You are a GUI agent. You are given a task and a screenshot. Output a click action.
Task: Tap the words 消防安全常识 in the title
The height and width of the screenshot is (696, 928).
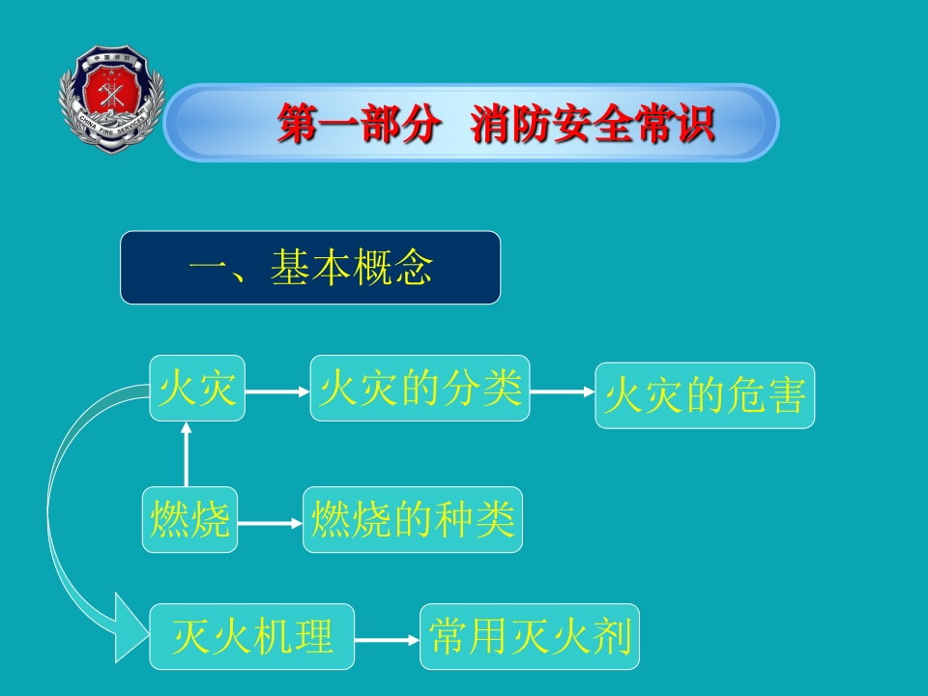tap(594, 124)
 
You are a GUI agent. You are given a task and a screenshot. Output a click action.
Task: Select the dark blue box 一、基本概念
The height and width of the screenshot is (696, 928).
tap(310, 268)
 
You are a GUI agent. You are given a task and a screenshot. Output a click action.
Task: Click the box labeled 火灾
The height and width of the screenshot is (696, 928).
tap(197, 389)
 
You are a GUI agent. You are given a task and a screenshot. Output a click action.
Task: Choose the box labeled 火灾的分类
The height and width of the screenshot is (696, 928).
tap(420, 389)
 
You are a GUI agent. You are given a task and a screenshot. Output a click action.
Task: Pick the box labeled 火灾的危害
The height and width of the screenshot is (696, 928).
tap(704, 396)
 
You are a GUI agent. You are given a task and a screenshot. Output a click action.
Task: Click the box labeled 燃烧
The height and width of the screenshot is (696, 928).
tap(189, 520)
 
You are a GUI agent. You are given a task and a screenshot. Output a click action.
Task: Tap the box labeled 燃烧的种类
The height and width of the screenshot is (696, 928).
tap(412, 520)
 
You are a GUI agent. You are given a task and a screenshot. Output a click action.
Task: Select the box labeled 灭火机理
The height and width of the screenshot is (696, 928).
tap(251, 637)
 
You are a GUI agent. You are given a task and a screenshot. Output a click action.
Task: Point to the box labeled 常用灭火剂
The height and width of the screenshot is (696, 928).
tap(530, 637)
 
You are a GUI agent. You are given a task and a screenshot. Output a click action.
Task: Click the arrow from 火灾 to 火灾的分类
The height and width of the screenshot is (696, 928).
tap(277, 391)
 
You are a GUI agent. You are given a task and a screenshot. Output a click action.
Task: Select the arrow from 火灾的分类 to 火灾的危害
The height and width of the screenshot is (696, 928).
tap(562, 391)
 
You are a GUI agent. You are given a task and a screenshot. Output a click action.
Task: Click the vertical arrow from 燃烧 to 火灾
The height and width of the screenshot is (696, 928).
tap(187, 454)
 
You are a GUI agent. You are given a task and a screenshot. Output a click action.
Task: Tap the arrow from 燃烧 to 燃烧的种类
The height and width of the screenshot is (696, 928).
tap(270, 523)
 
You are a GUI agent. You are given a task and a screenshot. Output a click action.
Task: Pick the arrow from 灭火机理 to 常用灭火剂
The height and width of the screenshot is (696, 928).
tap(387, 639)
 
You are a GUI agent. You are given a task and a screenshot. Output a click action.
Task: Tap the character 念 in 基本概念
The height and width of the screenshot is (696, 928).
tap(413, 268)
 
